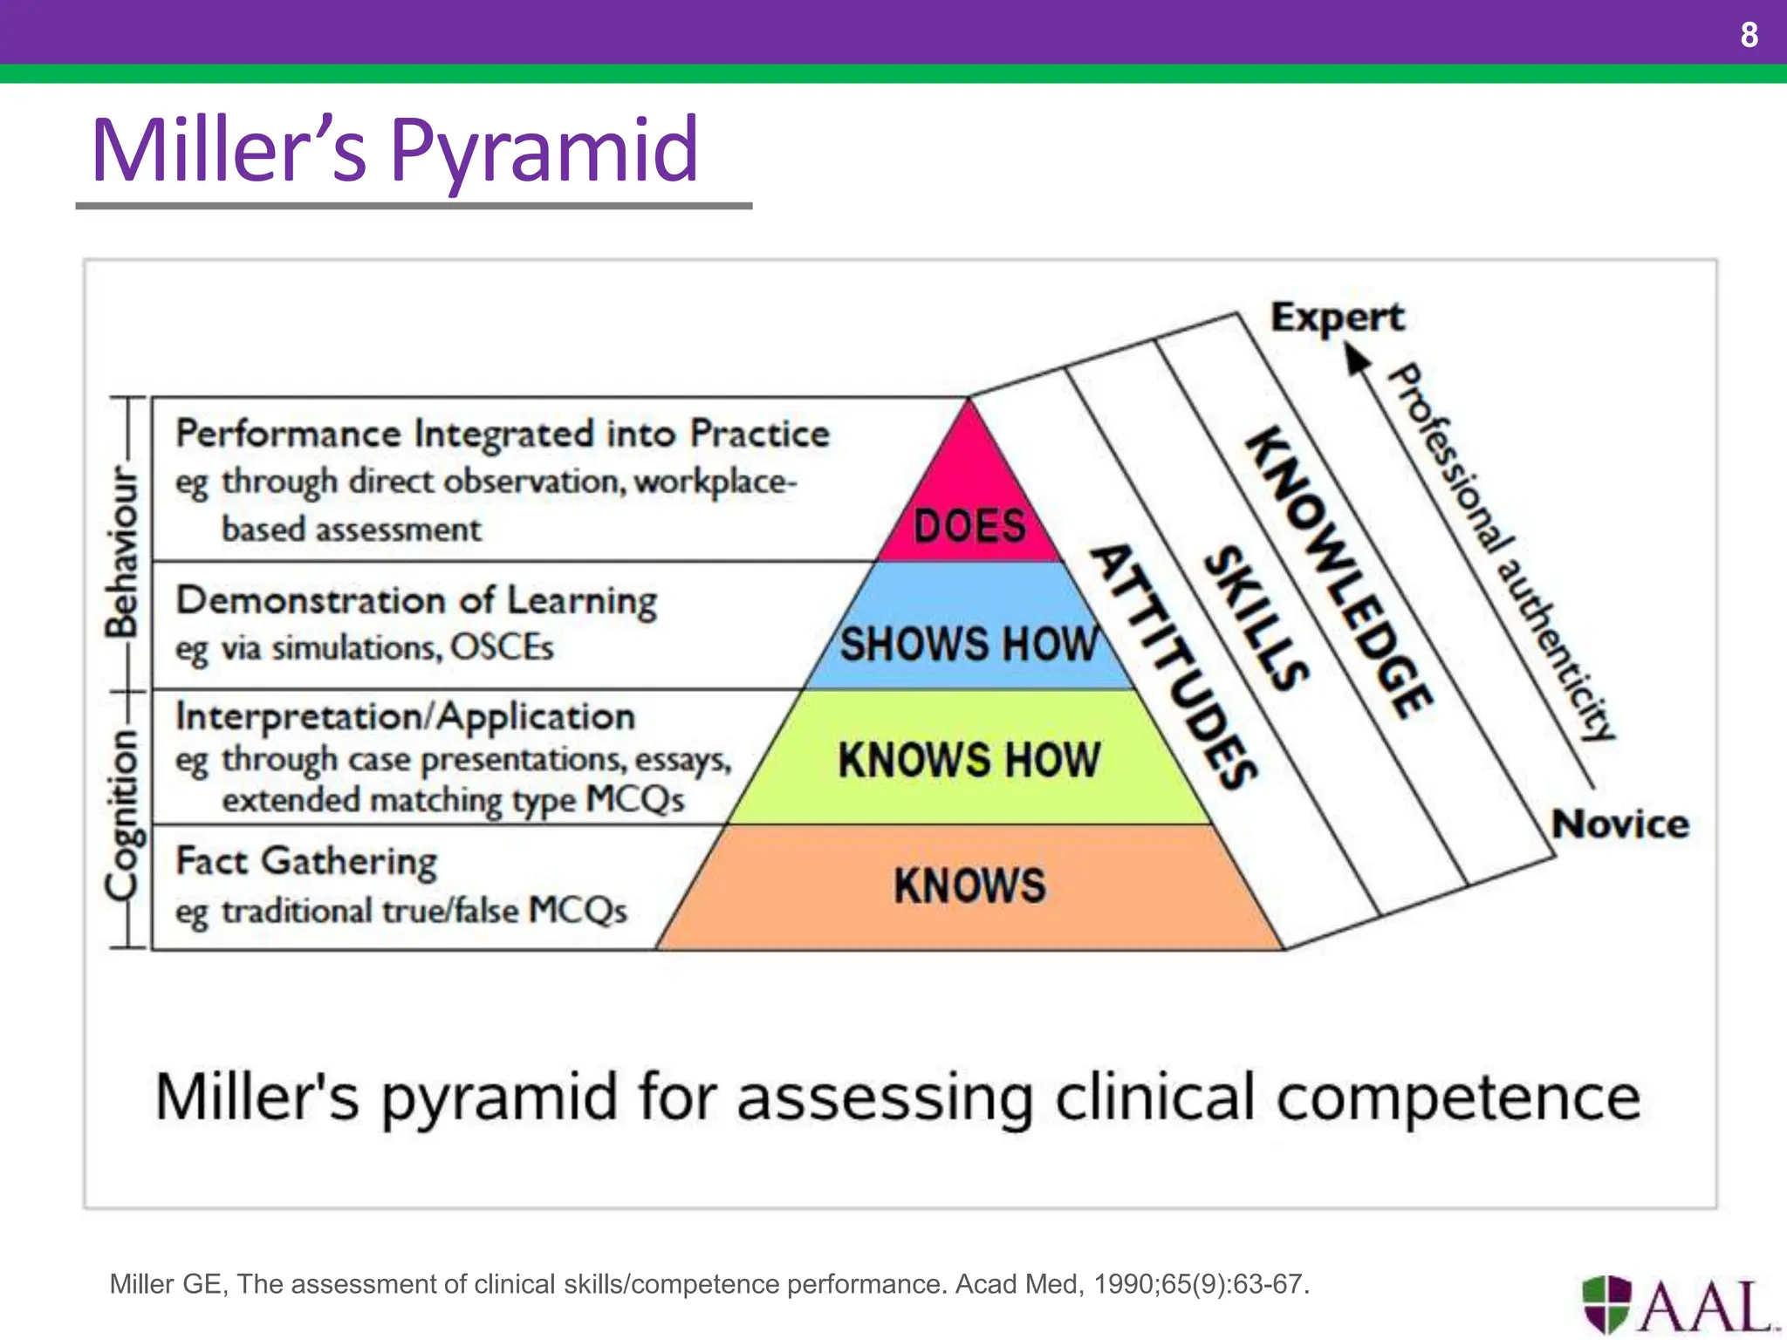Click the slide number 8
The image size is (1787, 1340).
(1749, 35)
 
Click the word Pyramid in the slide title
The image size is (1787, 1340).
(544, 150)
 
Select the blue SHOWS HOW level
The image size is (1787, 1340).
(969, 644)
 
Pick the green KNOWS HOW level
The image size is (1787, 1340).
(969, 759)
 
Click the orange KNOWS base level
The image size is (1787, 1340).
(969, 885)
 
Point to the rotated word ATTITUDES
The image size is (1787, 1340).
(1174, 667)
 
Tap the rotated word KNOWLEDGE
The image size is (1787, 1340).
(1339, 572)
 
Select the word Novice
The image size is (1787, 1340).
(1619, 824)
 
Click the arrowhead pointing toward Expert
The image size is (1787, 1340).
(1357, 359)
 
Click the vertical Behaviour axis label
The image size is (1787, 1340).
(122, 551)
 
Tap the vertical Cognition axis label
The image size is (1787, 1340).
(122, 813)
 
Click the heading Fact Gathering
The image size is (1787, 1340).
(306, 861)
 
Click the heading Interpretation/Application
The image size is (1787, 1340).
(405, 716)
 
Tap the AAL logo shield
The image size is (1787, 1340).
(1606, 1303)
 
